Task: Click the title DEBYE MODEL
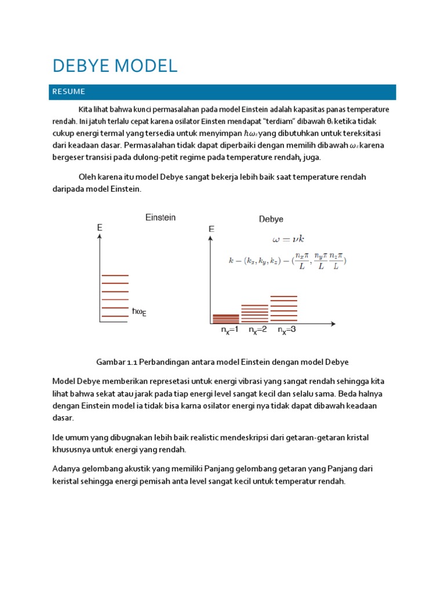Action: pyautogui.click(x=115, y=66)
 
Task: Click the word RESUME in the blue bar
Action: pyautogui.click(x=69, y=91)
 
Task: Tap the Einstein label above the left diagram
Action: pyautogui.click(x=160, y=218)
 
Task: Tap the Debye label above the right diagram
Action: pyautogui.click(x=271, y=219)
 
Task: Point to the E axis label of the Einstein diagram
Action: pyautogui.click(x=100, y=228)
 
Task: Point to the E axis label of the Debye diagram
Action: pyautogui.click(x=211, y=229)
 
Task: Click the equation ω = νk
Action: pyautogui.click(x=288, y=239)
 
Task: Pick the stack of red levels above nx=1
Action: pyautogui.click(x=225, y=318)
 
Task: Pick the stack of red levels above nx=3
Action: pyautogui.click(x=284, y=309)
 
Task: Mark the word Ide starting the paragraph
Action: pyautogui.click(x=59, y=438)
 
